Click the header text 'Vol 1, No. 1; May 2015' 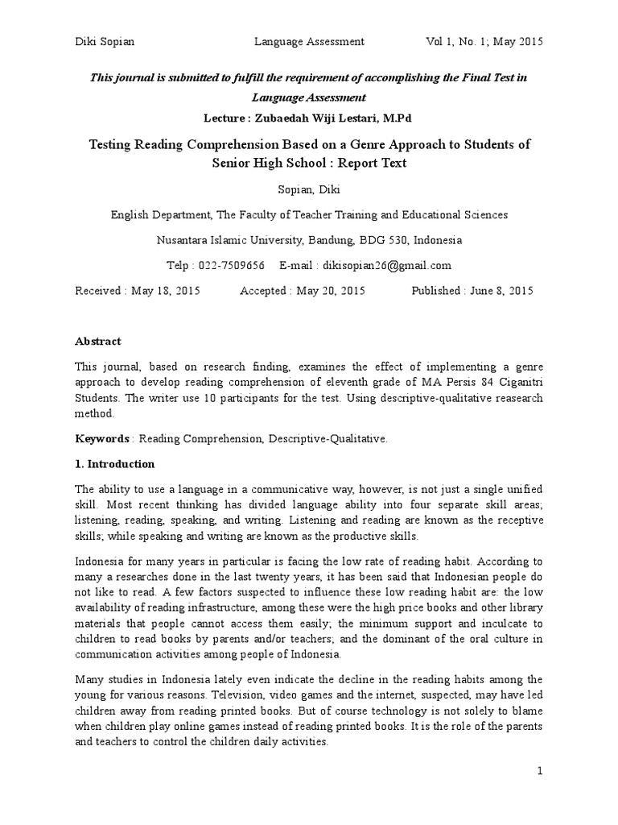pyautogui.click(x=484, y=42)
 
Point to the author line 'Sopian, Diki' pyautogui.click(x=308, y=189)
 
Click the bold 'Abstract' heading pyautogui.click(x=98, y=342)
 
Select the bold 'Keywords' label pyautogui.click(x=102, y=438)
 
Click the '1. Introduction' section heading pyautogui.click(x=115, y=464)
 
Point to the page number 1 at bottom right pyautogui.click(x=541, y=771)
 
